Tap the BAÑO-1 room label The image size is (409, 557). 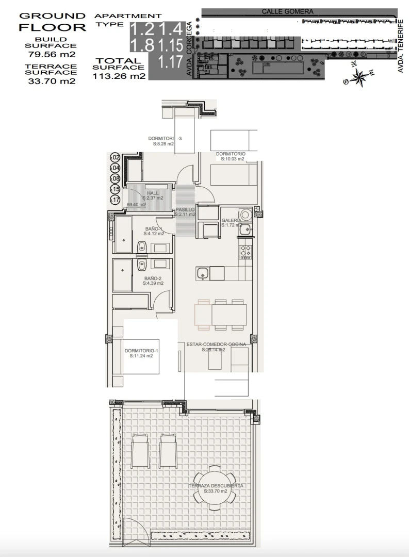point(154,228)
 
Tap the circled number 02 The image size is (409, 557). point(115,157)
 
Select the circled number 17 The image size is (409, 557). point(115,200)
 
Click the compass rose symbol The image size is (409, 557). point(357,76)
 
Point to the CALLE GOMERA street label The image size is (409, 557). point(287,11)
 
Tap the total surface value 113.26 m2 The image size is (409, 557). point(119,77)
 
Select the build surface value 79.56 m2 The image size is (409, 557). point(51,54)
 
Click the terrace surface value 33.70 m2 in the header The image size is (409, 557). point(51,80)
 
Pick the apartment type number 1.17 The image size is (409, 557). point(170,62)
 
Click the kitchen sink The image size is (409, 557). point(202,273)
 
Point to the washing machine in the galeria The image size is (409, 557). point(245,214)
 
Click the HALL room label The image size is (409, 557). point(153,193)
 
